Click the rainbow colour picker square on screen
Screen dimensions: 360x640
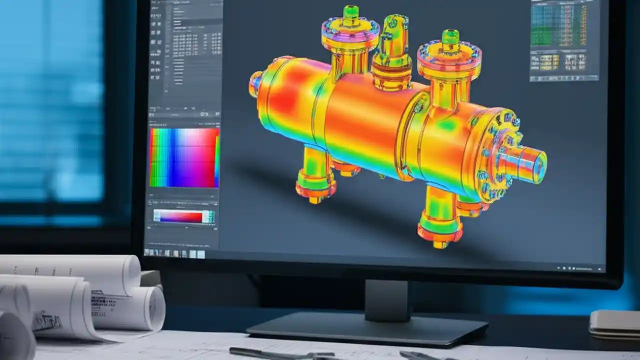184,157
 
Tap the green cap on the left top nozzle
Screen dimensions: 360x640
350,12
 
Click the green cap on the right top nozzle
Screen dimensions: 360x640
450,36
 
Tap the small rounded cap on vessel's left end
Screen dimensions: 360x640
255,84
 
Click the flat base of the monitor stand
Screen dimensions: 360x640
367,330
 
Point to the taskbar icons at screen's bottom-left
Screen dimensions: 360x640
175,253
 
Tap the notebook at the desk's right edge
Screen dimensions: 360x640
614,324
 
